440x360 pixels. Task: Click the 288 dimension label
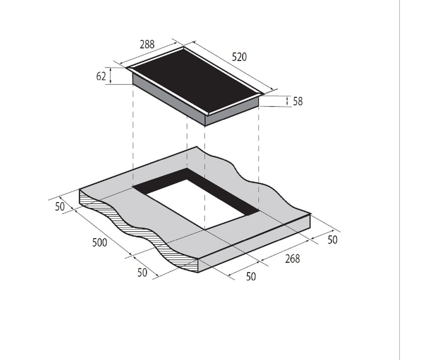tap(147, 44)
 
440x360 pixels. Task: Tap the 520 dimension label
tap(239, 57)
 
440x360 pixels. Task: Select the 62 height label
tap(101, 76)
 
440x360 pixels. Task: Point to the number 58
tap(298, 101)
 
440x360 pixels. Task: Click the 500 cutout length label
tap(100, 242)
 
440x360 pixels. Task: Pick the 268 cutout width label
tap(292, 259)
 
